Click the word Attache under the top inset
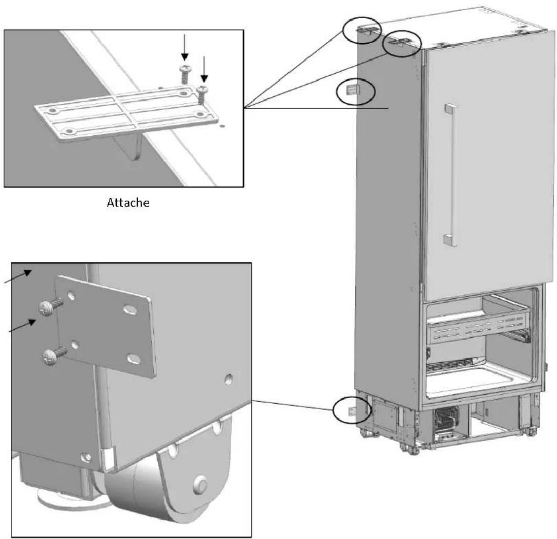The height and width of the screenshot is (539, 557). pos(128,203)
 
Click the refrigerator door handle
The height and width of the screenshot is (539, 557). pos(450,175)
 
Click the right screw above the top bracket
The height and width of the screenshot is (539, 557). pos(203,94)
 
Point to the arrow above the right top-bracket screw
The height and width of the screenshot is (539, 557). pos(204,69)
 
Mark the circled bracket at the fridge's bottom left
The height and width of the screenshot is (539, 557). pos(352,411)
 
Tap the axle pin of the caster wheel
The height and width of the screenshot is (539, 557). pos(200,484)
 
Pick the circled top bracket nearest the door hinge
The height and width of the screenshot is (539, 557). pos(399,43)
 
